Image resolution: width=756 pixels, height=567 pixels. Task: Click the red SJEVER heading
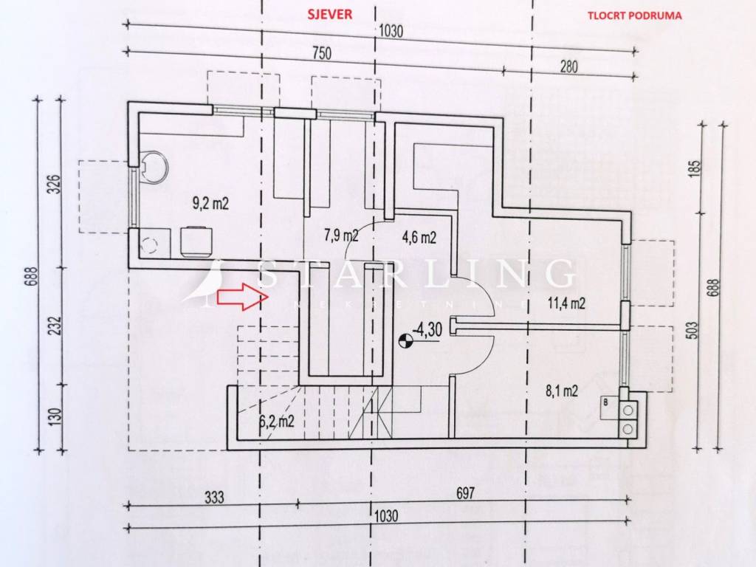(x=330, y=14)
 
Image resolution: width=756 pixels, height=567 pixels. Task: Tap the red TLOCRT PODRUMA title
(x=634, y=16)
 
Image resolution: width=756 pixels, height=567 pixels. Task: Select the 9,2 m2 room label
(x=210, y=204)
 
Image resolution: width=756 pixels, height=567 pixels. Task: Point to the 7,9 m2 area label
(x=341, y=236)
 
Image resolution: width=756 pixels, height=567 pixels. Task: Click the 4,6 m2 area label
(x=419, y=237)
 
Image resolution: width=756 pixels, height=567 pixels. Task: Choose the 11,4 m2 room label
(x=566, y=303)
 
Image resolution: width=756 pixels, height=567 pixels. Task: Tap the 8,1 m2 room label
(x=562, y=391)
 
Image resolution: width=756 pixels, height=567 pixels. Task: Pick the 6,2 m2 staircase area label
(x=277, y=422)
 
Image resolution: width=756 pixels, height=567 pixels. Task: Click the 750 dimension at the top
(x=321, y=53)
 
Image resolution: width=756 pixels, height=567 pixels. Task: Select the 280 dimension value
(x=569, y=66)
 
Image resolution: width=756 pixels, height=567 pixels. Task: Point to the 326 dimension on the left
(x=56, y=184)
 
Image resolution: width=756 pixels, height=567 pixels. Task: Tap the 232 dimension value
(x=56, y=326)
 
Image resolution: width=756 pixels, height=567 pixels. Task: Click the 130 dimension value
(x=56, y=415)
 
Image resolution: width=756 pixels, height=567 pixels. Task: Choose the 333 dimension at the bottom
(x=214, y=497)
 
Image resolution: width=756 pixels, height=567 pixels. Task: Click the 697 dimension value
(x=465, y=493)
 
